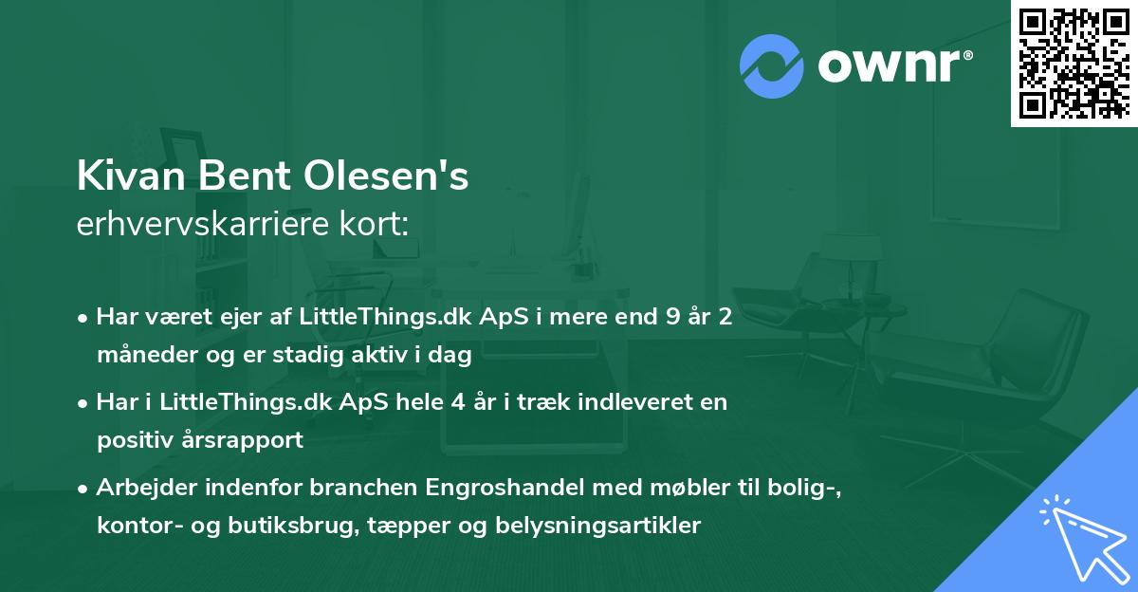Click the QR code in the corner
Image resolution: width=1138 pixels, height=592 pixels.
[1074, 63]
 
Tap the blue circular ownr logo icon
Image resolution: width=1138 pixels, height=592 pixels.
[772, 65]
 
